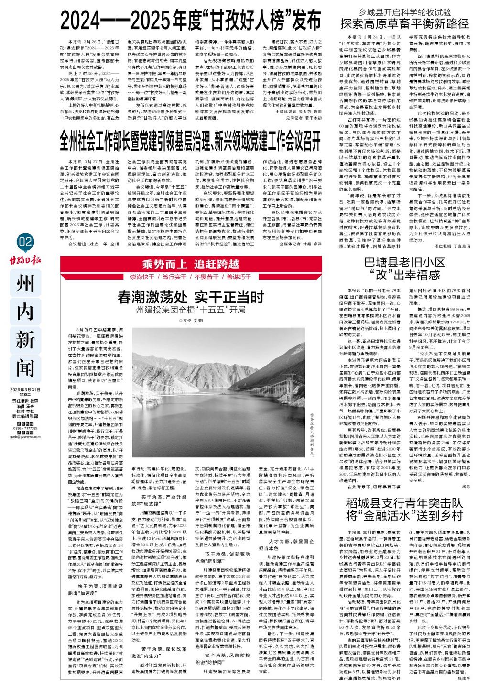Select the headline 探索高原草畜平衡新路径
click(x=405, y=23)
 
